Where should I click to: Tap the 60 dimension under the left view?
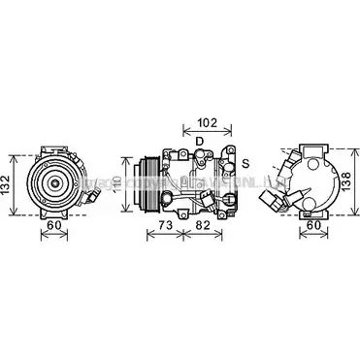58,228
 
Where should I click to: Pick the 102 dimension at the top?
206,124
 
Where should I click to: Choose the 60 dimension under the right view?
312,228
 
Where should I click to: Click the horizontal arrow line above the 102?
206,134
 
